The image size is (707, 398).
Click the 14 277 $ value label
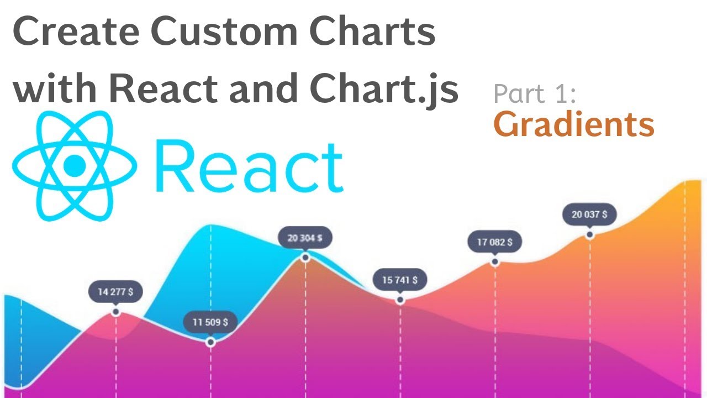coord(115,292)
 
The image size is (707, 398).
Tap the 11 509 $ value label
coord(210,322)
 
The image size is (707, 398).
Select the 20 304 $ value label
coord(305,238)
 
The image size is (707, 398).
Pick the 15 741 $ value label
coord(400,280)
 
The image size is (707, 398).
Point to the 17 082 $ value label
coord(494,242)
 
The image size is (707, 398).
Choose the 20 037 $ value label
coord(589,214)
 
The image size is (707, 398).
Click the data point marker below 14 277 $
coord(115,312)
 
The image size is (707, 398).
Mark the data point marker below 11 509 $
coord(210,342)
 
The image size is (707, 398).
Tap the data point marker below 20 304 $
coord(305,258)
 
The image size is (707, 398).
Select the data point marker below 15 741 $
coord(400,300)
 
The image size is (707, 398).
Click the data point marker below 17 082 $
coord(494,261)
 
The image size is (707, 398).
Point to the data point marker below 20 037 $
coord(590,234)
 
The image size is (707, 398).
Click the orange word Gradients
coord(573,125)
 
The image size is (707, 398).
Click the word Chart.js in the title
coord(384,88)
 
